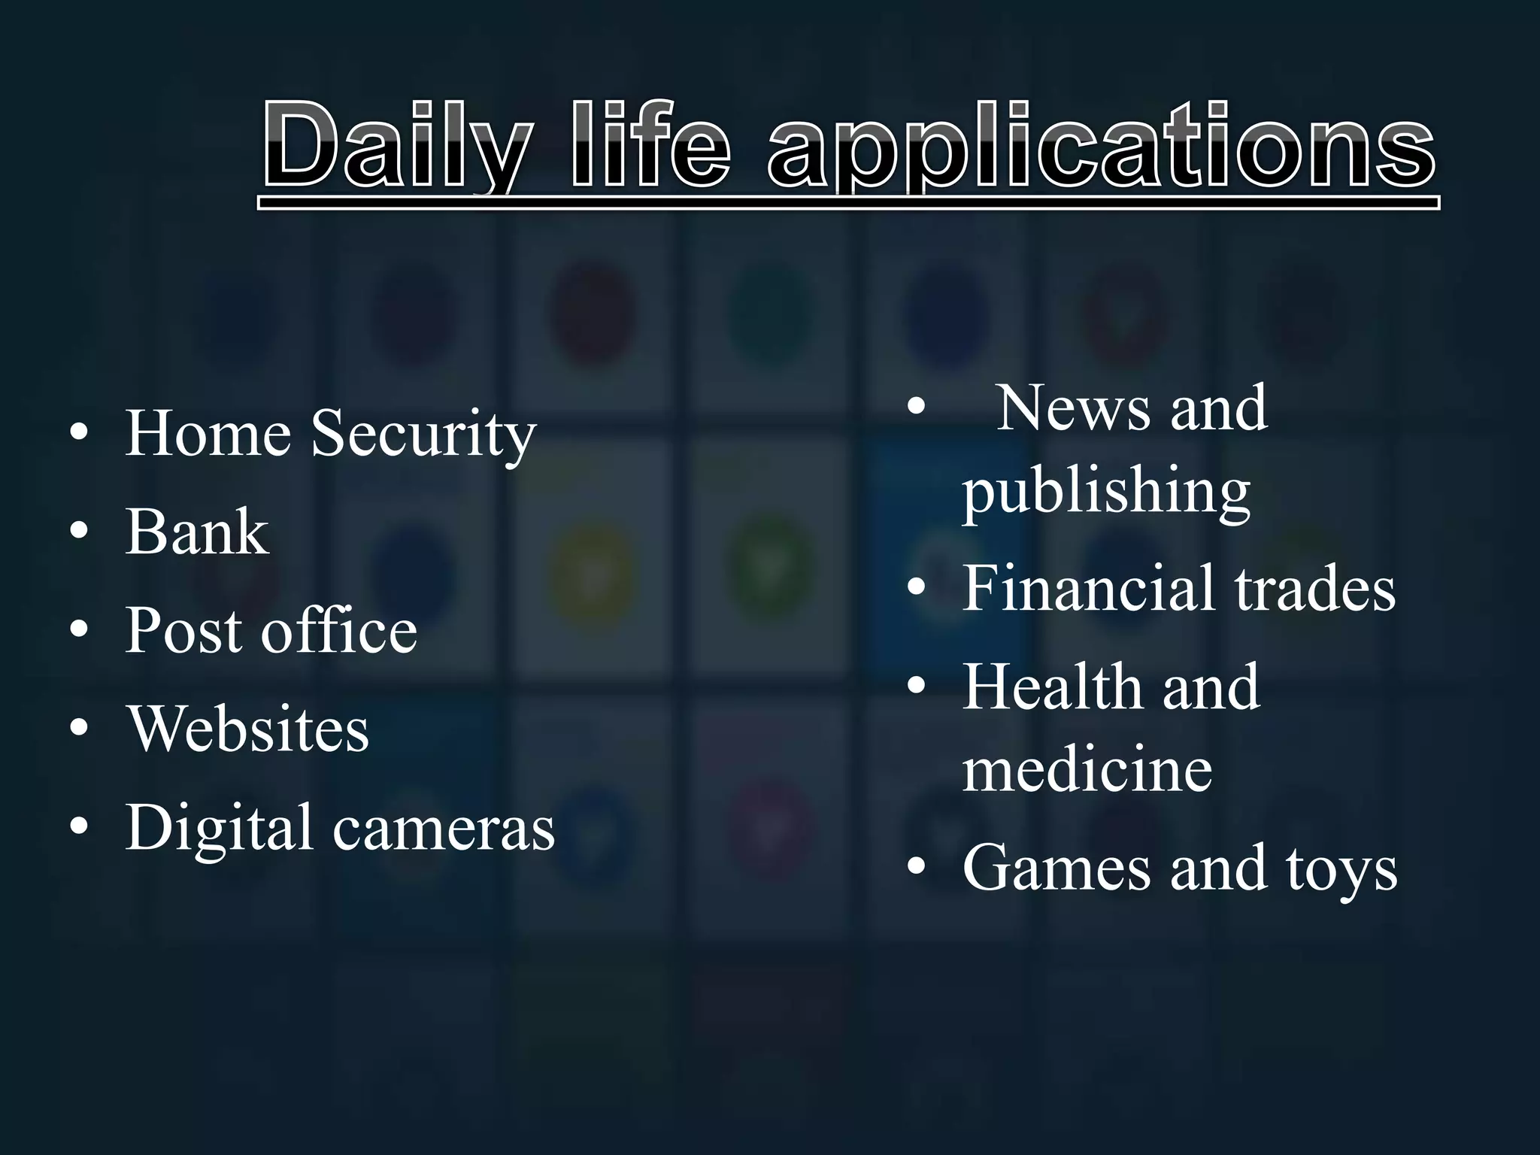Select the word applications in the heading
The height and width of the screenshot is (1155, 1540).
pos(1101,147)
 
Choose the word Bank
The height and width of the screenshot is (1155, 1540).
pos(197,532)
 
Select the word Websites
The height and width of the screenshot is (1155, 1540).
pos(247,729)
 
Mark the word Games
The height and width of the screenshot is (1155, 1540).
pos(1056,868)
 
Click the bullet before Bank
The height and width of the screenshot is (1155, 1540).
pos(78,532)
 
